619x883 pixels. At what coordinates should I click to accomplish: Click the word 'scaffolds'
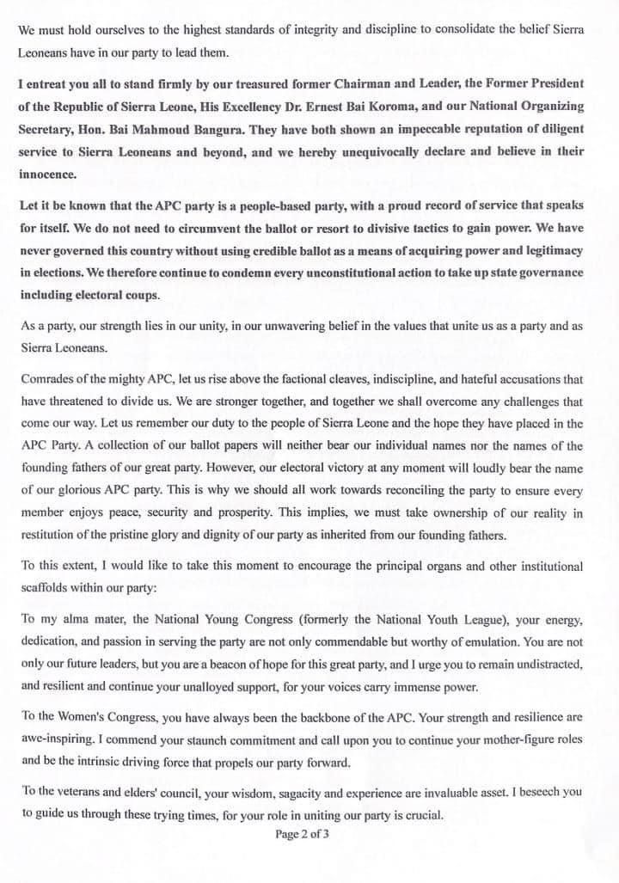[x=47, y=589]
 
